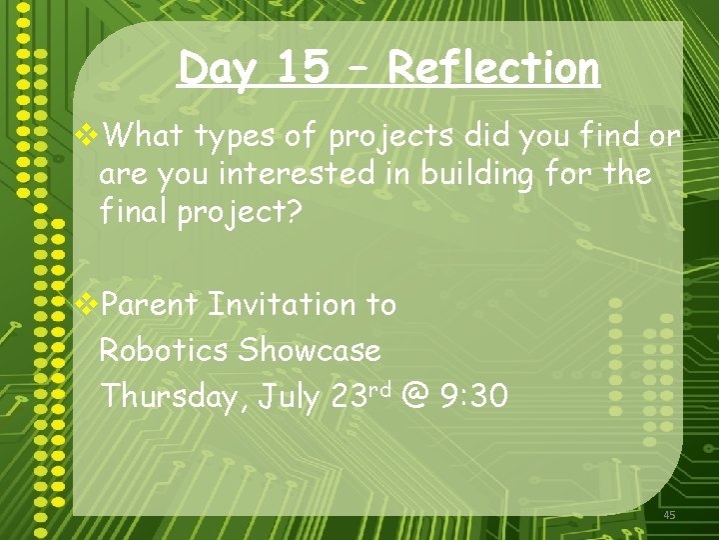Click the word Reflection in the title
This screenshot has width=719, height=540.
pyautogui.click(x=493, y=69)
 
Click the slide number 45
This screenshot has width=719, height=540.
pyautogui.click(x=669, y=515)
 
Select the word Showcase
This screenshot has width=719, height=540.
pyautogui.click(x=310, y=350)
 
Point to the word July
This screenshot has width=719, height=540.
pyautogui.click(x=289, y=397)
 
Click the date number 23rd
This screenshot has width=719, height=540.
pyautogui.click(x=359, y=395)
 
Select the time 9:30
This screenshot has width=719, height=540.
pyautogui.click(x=473, y=397)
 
